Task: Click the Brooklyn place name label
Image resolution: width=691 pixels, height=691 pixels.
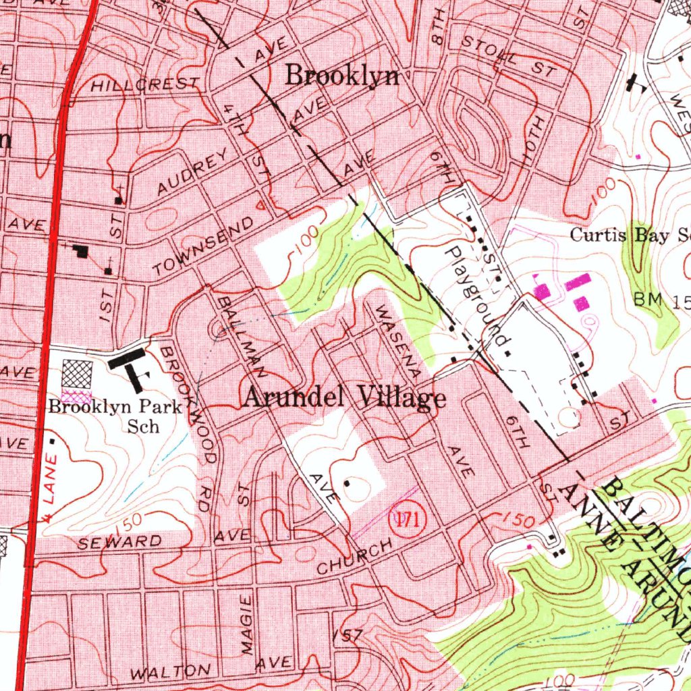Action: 341,76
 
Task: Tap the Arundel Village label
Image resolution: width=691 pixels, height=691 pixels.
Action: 343,397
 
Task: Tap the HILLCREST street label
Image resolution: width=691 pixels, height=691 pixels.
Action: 145,85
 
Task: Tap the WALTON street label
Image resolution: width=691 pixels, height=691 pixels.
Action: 170,672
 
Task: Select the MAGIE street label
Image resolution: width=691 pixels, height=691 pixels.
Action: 248,625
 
